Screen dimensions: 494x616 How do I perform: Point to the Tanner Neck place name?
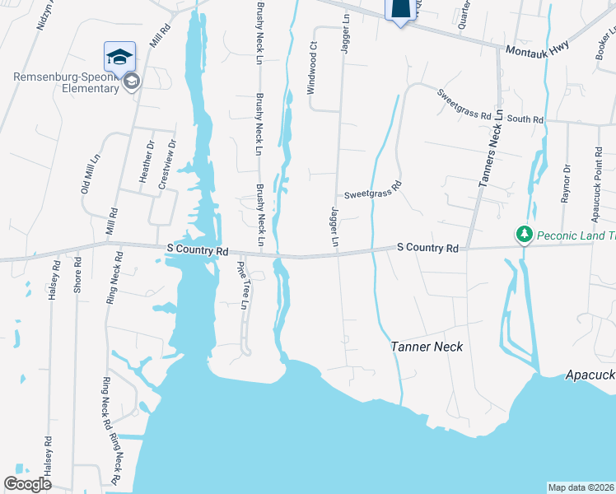click(427, 347)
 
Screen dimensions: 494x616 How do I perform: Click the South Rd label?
click(525, 119)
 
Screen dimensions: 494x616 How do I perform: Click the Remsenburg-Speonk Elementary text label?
click(66, 83)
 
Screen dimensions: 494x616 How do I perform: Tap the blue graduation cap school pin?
click(119, 57)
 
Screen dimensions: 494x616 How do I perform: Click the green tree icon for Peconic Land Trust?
click(524, 235)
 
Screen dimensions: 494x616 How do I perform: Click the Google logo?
click(27, 484)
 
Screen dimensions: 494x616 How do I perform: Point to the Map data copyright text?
click(581, 487)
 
